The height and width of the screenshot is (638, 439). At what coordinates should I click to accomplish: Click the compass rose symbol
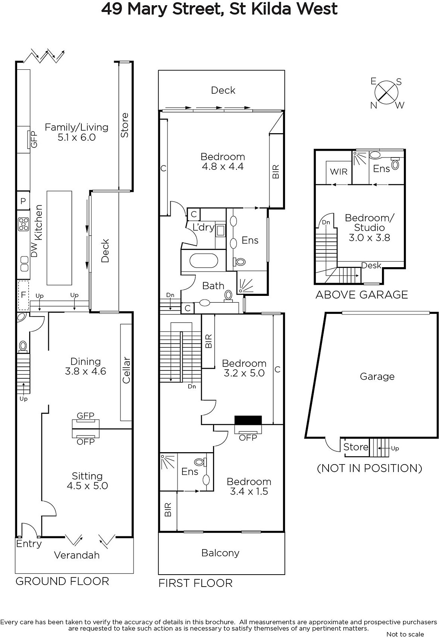click(x=386, y=93)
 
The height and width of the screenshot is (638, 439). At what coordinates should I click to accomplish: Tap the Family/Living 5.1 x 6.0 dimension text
click(x=77, y=137)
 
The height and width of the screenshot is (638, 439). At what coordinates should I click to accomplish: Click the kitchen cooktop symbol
click(x=24, y=224)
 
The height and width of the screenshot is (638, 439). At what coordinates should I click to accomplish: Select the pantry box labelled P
click(x=23, y=201)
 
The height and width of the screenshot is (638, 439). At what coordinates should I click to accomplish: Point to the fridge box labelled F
click(x=24, y=295)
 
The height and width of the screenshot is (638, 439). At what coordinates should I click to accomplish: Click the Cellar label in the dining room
click(x=126, y=370)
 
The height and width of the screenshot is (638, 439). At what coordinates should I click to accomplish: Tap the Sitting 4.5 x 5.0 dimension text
click(x=87, y=486)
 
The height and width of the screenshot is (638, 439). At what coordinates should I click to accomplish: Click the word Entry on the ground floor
click(x=29, y=544)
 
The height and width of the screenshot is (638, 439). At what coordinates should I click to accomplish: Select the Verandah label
click(x=77, y=555)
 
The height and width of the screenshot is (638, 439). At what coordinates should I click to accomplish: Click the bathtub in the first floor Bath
click(x=204, y=261)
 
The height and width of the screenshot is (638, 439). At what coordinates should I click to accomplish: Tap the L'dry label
click(x=203, y=227)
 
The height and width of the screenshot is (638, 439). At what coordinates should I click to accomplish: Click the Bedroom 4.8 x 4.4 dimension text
click(x=222, y=166)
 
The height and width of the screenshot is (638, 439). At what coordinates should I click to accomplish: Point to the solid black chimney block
click(x=248, y=420)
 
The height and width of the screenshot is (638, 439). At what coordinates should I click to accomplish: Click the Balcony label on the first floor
click(x=220, y=553)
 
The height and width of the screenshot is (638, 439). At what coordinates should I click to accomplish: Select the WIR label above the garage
click(x=339, y=172)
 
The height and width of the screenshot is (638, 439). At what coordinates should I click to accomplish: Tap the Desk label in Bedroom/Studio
click(x=371, y=266)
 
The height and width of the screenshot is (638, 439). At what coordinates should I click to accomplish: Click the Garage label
click(x=377, y=376)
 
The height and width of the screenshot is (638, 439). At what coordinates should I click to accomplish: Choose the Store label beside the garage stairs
click(x=356, y=447)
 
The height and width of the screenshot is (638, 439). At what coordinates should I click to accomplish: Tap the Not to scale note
click(x=405, y=634)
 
